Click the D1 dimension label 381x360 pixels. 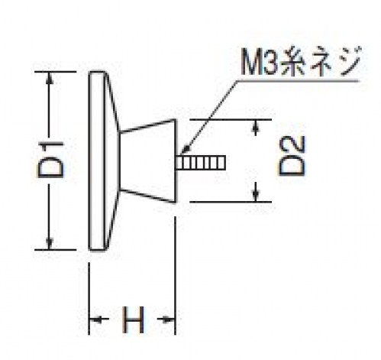coord(50,160)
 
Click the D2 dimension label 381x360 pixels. coord(292,156)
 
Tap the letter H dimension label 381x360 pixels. coord(133,319)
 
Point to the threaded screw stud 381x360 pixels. coord(201,163)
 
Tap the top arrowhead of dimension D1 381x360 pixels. coord(50,78)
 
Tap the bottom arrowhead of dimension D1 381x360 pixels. coord(50,244)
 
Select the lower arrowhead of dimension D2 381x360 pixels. coord(256,196)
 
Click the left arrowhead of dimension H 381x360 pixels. coord(95,319)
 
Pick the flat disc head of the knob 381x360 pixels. coord(97,161)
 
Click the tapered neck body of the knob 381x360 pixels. coord(148,161)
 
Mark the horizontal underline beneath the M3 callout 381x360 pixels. coord(298,81)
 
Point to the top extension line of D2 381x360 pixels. coord(231,119)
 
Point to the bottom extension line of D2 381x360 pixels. coord(231,202)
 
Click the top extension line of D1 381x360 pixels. coord(55,72)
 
